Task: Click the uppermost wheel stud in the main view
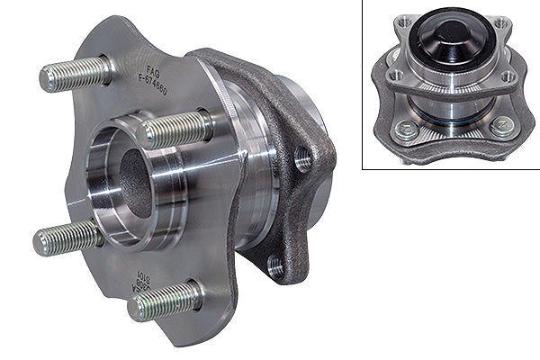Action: point(76,76)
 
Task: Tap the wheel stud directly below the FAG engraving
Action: point(175,129)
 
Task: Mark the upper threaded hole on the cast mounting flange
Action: point(302,160)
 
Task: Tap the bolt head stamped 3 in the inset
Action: point(406,131)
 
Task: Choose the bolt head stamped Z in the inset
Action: point(501,128)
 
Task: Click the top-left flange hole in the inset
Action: point(402,22)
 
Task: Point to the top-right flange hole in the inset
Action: point(500,22)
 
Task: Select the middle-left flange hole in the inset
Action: point(394,77)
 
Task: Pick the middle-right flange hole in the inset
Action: point(508,77)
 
